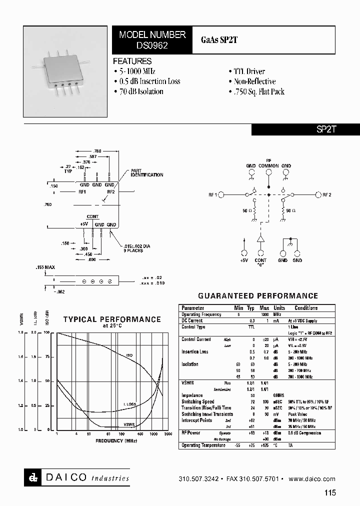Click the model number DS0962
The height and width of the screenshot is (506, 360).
tap(152, 44)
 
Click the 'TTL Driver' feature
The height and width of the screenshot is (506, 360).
tap(249, 71)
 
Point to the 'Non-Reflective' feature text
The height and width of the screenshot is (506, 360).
tap(254, 81)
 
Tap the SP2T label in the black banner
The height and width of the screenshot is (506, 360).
tap(327, 129)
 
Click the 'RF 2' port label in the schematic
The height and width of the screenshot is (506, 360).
tap(326, 195)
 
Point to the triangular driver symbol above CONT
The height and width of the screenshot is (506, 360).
tap(260, 238)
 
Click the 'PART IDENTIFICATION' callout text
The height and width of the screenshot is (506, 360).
tap(147, 173)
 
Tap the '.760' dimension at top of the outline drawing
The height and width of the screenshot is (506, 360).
tap(97, 150)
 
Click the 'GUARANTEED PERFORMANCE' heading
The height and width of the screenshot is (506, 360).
tap(258, 296)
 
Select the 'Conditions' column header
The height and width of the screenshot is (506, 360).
tap(306, 308)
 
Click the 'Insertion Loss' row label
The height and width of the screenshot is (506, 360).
tap(195, 352)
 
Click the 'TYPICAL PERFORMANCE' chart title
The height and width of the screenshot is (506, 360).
tap(112, 319)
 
